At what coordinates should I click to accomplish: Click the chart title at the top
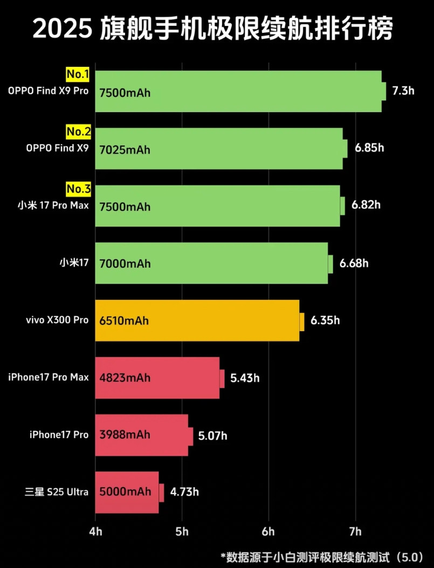click(x=213, y=29)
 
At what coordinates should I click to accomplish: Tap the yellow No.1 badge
click(x=78, y=74)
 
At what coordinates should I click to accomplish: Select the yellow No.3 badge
click(x=78, y=189)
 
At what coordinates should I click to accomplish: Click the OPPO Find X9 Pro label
click(x=48, y=91)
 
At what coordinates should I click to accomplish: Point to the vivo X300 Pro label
click(x=57, y=320)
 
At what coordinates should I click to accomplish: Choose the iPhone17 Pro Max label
click(x=49, y=377)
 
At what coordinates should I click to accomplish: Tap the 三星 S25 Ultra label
click(x=57, y=492)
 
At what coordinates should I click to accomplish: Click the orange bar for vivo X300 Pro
click(x=197, y=320)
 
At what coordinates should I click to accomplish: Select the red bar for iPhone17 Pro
click(x=142, y=435)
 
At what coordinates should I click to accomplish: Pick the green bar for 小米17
click(x=211, y=263)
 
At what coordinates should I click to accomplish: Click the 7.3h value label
click(x=403, y=91)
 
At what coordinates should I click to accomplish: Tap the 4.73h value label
click(x=184, y=492)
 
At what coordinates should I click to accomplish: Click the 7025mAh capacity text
click(x=125, y=149)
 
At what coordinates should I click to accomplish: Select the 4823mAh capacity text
click(x=125, y=378)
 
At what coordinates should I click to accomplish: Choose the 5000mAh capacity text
click(x=125, y=492)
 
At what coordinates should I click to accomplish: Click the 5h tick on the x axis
click(x=182, y=532)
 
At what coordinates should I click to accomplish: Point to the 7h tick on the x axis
click(x=355, y=532)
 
